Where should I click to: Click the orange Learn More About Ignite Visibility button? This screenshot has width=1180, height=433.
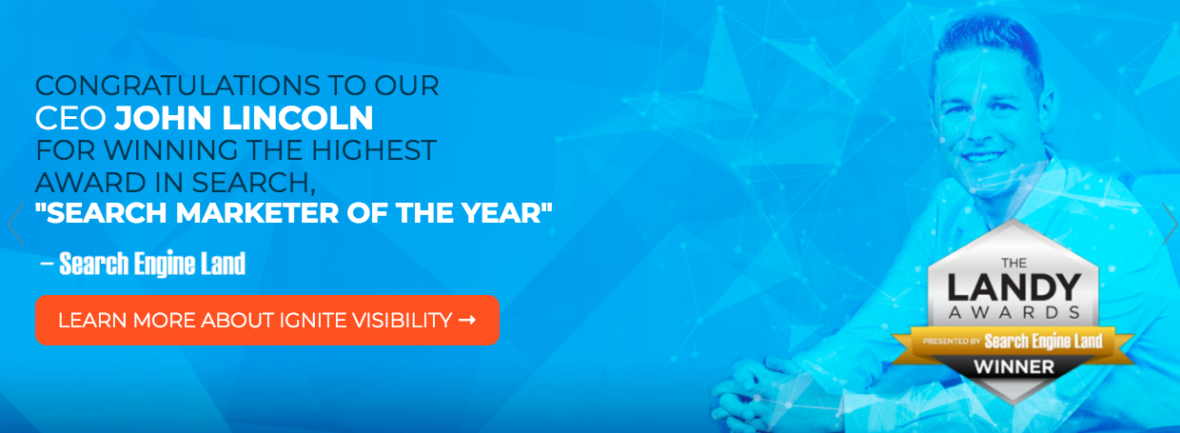(266, 320)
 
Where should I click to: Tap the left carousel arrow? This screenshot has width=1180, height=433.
(13, 225)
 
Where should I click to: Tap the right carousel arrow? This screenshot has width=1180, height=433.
(1170, 225)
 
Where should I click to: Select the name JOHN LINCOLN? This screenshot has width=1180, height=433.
(244, 118)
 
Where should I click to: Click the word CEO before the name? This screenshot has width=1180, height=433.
(70, 118)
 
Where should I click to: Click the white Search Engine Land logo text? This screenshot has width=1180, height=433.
(152, 264)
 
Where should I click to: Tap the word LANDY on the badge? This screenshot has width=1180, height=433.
(1013, 287)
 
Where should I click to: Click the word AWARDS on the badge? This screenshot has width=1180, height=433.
(1013, 312)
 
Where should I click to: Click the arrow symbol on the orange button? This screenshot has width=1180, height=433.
(466, 320)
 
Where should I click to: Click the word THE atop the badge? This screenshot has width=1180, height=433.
(1013, 262)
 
